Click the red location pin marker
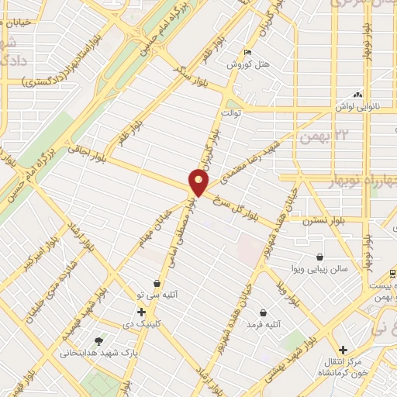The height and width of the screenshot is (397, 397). tap(199, 183)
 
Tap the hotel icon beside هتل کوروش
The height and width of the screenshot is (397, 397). tap(247, 53)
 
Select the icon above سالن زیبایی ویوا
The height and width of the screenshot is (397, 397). tap(320, 257)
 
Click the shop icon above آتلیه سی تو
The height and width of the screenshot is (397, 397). tap(158, 284)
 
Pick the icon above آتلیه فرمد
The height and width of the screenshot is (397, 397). tap(264, 313)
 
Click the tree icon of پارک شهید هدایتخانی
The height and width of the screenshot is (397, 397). tap(97, 340)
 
